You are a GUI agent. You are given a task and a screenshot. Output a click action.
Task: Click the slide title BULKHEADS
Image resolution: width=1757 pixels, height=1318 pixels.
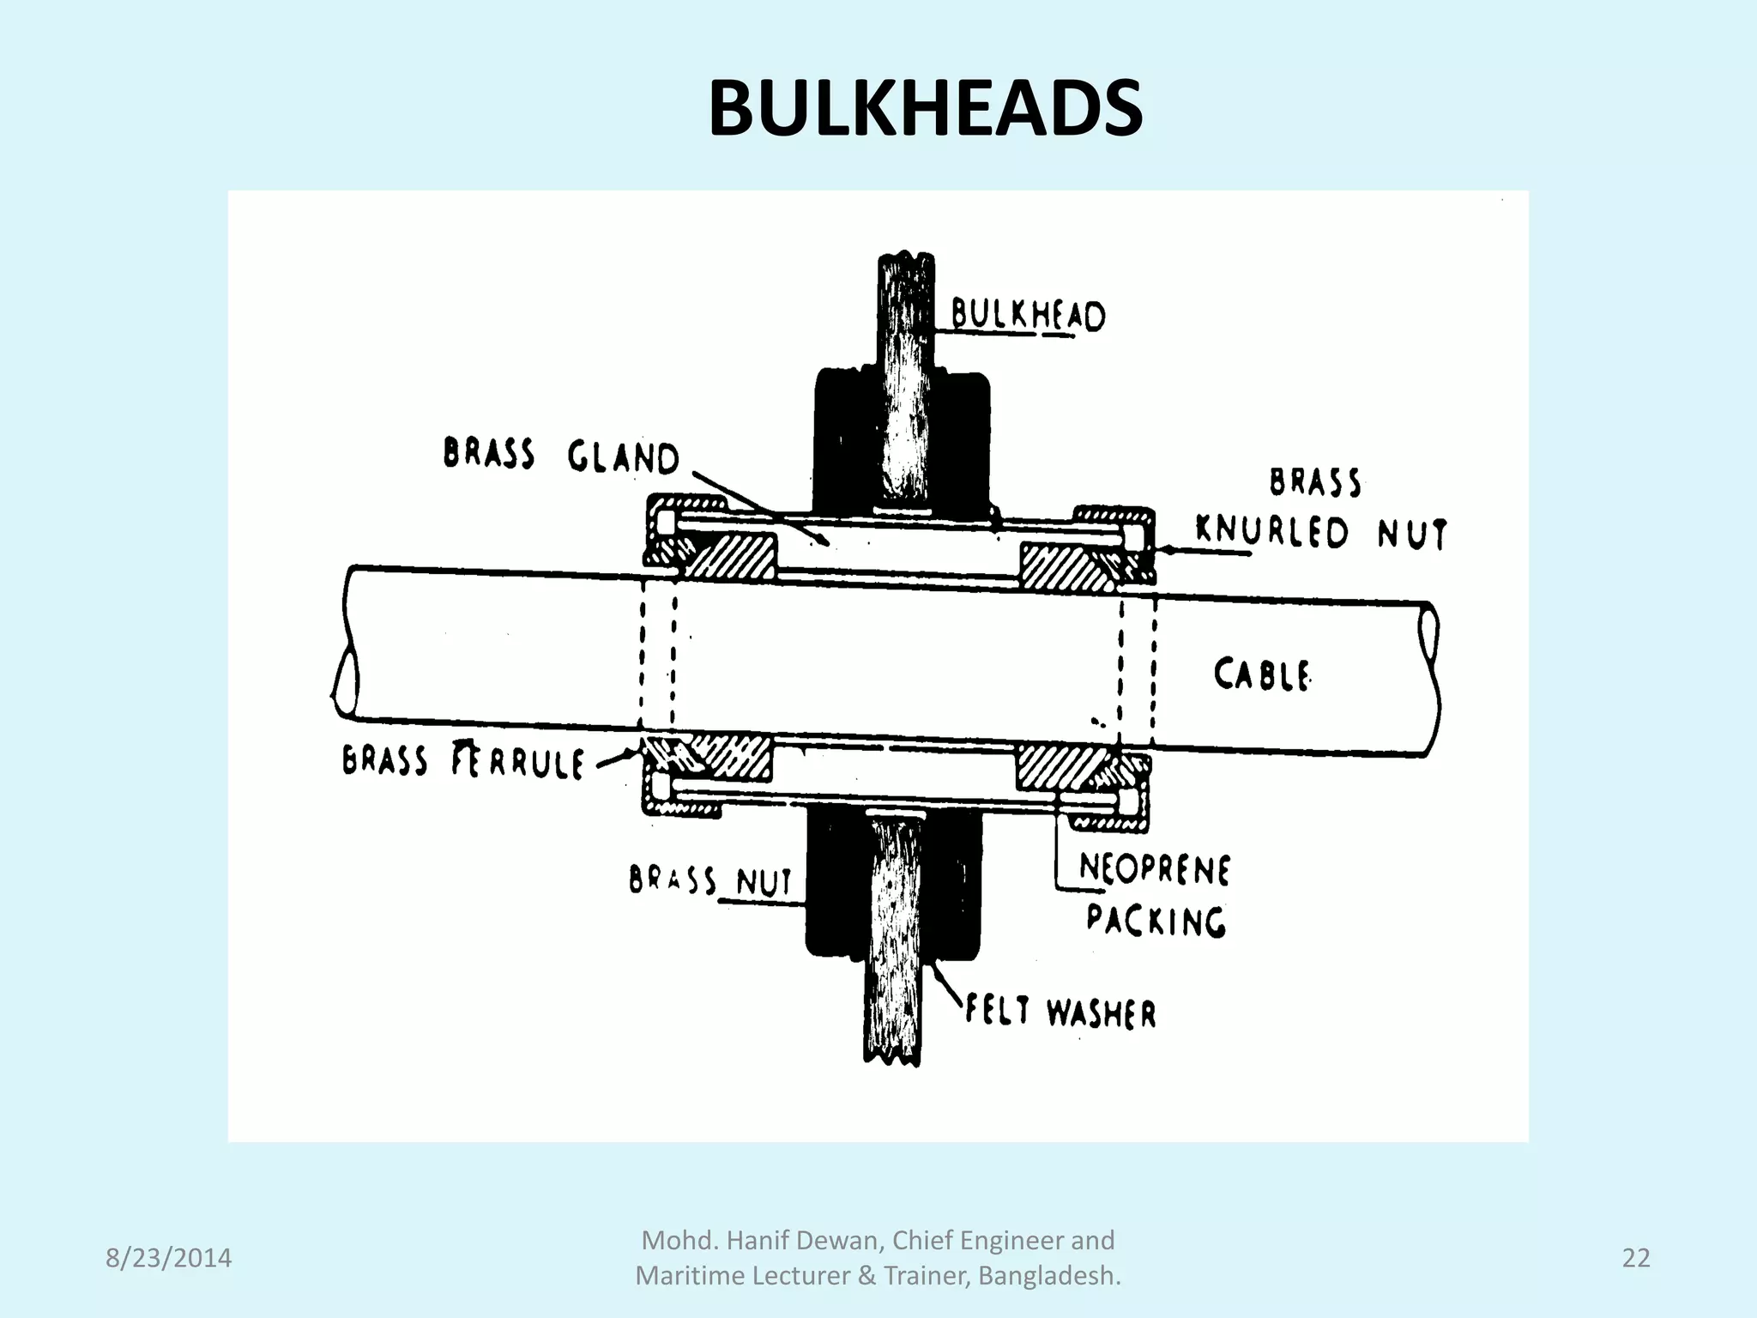point(925,109)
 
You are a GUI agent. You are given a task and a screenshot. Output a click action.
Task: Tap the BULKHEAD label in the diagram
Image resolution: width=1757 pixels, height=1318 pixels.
point(1028,316)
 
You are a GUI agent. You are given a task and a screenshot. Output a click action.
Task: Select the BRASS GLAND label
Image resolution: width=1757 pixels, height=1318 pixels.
point(561,456)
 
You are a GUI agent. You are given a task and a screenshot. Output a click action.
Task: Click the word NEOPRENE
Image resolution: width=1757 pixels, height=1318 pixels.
point(1154,869)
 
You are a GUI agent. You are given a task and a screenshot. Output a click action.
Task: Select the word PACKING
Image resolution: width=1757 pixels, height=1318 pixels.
point(1156,920)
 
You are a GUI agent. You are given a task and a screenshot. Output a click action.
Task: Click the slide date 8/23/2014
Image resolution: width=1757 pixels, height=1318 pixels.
point(168,1258)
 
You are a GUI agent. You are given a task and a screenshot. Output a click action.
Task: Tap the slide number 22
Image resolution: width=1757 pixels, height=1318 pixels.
point(1636,1258)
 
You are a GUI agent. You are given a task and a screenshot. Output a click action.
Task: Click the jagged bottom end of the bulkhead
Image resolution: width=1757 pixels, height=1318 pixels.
point(892,1058)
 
